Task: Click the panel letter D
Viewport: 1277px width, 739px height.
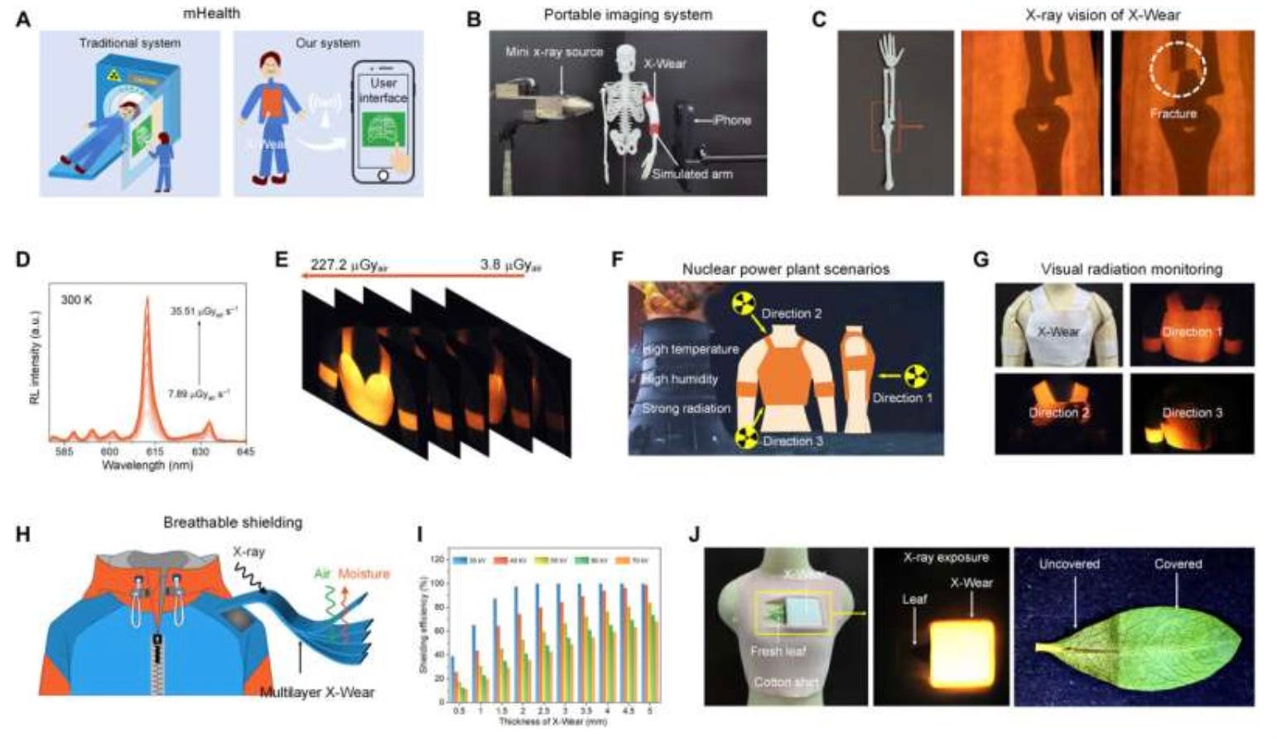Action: pos(22,259)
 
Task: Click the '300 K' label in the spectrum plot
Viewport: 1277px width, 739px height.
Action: pos(76,299)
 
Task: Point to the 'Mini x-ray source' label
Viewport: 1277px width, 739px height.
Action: pos(554,51)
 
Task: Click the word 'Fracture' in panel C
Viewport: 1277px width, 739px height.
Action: pos(1173,114)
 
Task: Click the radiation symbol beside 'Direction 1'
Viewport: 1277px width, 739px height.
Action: pos(913,377)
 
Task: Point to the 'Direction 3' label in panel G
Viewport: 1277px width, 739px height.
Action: pos(1192,413)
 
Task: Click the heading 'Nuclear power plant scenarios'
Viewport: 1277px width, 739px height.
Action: pos(785,268)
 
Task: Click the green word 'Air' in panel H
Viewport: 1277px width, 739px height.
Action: pos(322,573)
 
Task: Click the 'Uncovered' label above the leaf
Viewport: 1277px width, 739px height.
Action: pos(1069,563)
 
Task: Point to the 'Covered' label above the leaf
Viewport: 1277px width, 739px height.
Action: pos(1178,563)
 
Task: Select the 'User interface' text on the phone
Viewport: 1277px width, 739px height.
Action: pos(383,90)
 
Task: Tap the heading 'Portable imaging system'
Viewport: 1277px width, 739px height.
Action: pos(628,15)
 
